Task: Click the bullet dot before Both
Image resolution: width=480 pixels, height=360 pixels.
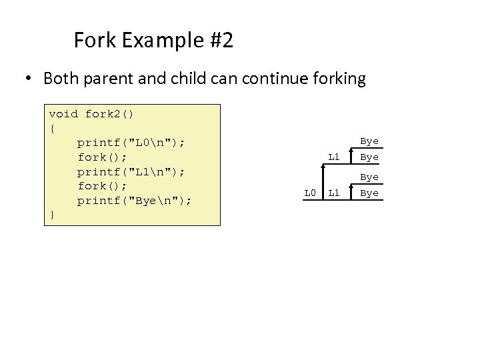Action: click(x=29, y=79)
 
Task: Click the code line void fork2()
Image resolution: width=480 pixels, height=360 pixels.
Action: click(x=91, y=114)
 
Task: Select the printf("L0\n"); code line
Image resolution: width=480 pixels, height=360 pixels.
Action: click(x=131, y=143)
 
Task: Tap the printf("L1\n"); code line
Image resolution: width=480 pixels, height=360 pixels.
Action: click(x=131, y=172)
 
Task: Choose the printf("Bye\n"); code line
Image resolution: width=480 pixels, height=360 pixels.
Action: click(x=134, y=201)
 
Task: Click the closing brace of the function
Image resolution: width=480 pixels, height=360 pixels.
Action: click(x=51, y=215)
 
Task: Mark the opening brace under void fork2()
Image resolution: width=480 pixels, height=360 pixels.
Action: click(x=51, y=128)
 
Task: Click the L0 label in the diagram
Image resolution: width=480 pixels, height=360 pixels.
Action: click(x=309, y=193)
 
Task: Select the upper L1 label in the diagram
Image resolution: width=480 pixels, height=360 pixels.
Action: click(x=335, y=157)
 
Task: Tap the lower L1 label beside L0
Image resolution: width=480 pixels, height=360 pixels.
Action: click(x=335, y=193)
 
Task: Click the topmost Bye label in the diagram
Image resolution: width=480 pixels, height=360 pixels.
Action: click(x=369, y=141)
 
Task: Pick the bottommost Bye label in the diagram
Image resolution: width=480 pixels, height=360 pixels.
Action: click(x=369, y=193)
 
